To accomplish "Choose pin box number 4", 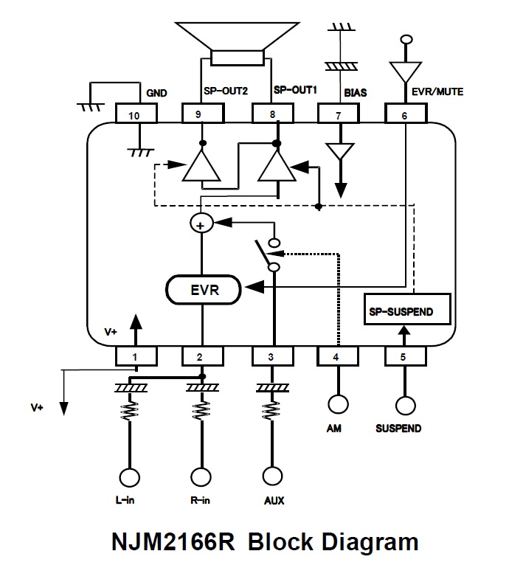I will click(338, 357).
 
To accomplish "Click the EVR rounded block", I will click(203, 289).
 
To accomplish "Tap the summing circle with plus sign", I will click(201, 223).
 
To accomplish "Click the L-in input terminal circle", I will click(131, 478).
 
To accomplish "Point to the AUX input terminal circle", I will click(272, 478).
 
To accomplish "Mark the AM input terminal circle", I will click(338, 405).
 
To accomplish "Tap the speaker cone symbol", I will click(236, 40).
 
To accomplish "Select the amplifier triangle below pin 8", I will click(277, 167).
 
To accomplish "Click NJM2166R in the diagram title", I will click(173, 542).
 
